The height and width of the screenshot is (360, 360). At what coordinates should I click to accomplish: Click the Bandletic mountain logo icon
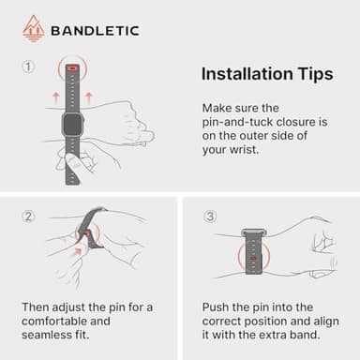(33, 28)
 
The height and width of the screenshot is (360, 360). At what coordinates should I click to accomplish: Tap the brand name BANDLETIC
(94, 30)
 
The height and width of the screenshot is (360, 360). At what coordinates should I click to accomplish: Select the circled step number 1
(29, 67)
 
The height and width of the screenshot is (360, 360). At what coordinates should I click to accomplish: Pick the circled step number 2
(29, 217)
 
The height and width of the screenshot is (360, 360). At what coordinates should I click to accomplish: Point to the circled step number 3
(210, 217)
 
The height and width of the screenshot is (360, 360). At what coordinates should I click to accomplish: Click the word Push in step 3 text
(217, 307)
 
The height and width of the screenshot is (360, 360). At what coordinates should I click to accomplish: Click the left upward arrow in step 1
(56, 96)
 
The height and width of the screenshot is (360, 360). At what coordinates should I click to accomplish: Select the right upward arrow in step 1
(88, 96)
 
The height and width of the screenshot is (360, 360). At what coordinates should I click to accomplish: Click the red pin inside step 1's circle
(72, 70)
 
